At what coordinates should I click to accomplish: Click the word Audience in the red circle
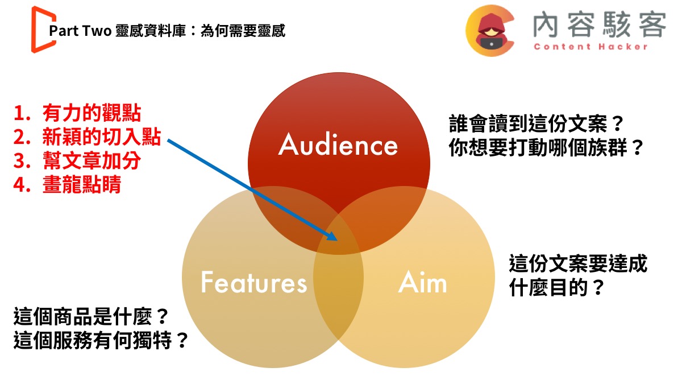pyautogui.click(x=338, y=144)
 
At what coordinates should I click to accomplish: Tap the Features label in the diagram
pyautogui.click(x=253, y=282)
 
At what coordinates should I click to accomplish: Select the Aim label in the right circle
pyautogui.click(x=422, y=283)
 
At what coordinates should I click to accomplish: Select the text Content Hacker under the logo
pyautogui.click(x=591, y=47)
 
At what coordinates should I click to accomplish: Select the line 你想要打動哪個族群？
pyautogui.click(x=546, y=148)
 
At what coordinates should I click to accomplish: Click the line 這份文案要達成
pyautogui.click(x=578, y=264)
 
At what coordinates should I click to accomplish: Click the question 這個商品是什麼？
pyautogui.click(x=91, y=316)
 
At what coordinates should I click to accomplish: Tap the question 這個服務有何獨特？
pyautogui.click(x=101, y=341)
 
